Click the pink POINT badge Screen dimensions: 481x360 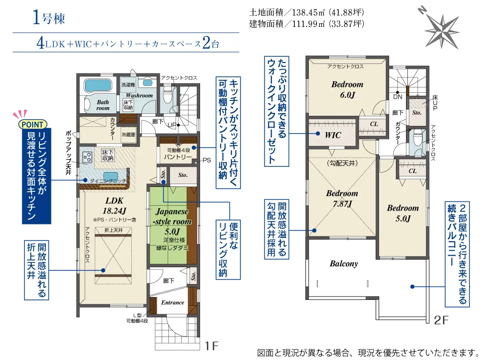(x=33, y=124)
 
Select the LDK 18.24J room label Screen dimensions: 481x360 (x=114, y=205)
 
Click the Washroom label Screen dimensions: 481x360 (x=139, y=95)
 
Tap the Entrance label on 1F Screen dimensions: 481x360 (x=173, y=302)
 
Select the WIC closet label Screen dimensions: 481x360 (x=333, y=135)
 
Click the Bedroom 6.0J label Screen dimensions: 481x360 (x=347, y=89)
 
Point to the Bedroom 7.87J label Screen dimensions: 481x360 (x=342, y=199)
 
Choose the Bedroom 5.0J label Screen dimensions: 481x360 (x=403, y=213)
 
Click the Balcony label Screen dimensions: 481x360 (x=343, y=264)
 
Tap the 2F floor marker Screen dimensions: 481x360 (x=441, y=320)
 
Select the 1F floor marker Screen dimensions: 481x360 (x=211, y=346)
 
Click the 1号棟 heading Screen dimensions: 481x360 (x=49, y=18)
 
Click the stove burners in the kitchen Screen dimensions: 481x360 (x=88, y=157)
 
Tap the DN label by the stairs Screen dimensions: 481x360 (x=398, y=97)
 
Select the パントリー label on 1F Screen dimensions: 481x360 (x=177, y=157)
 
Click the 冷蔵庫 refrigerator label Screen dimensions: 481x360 (x=128, y=135)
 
